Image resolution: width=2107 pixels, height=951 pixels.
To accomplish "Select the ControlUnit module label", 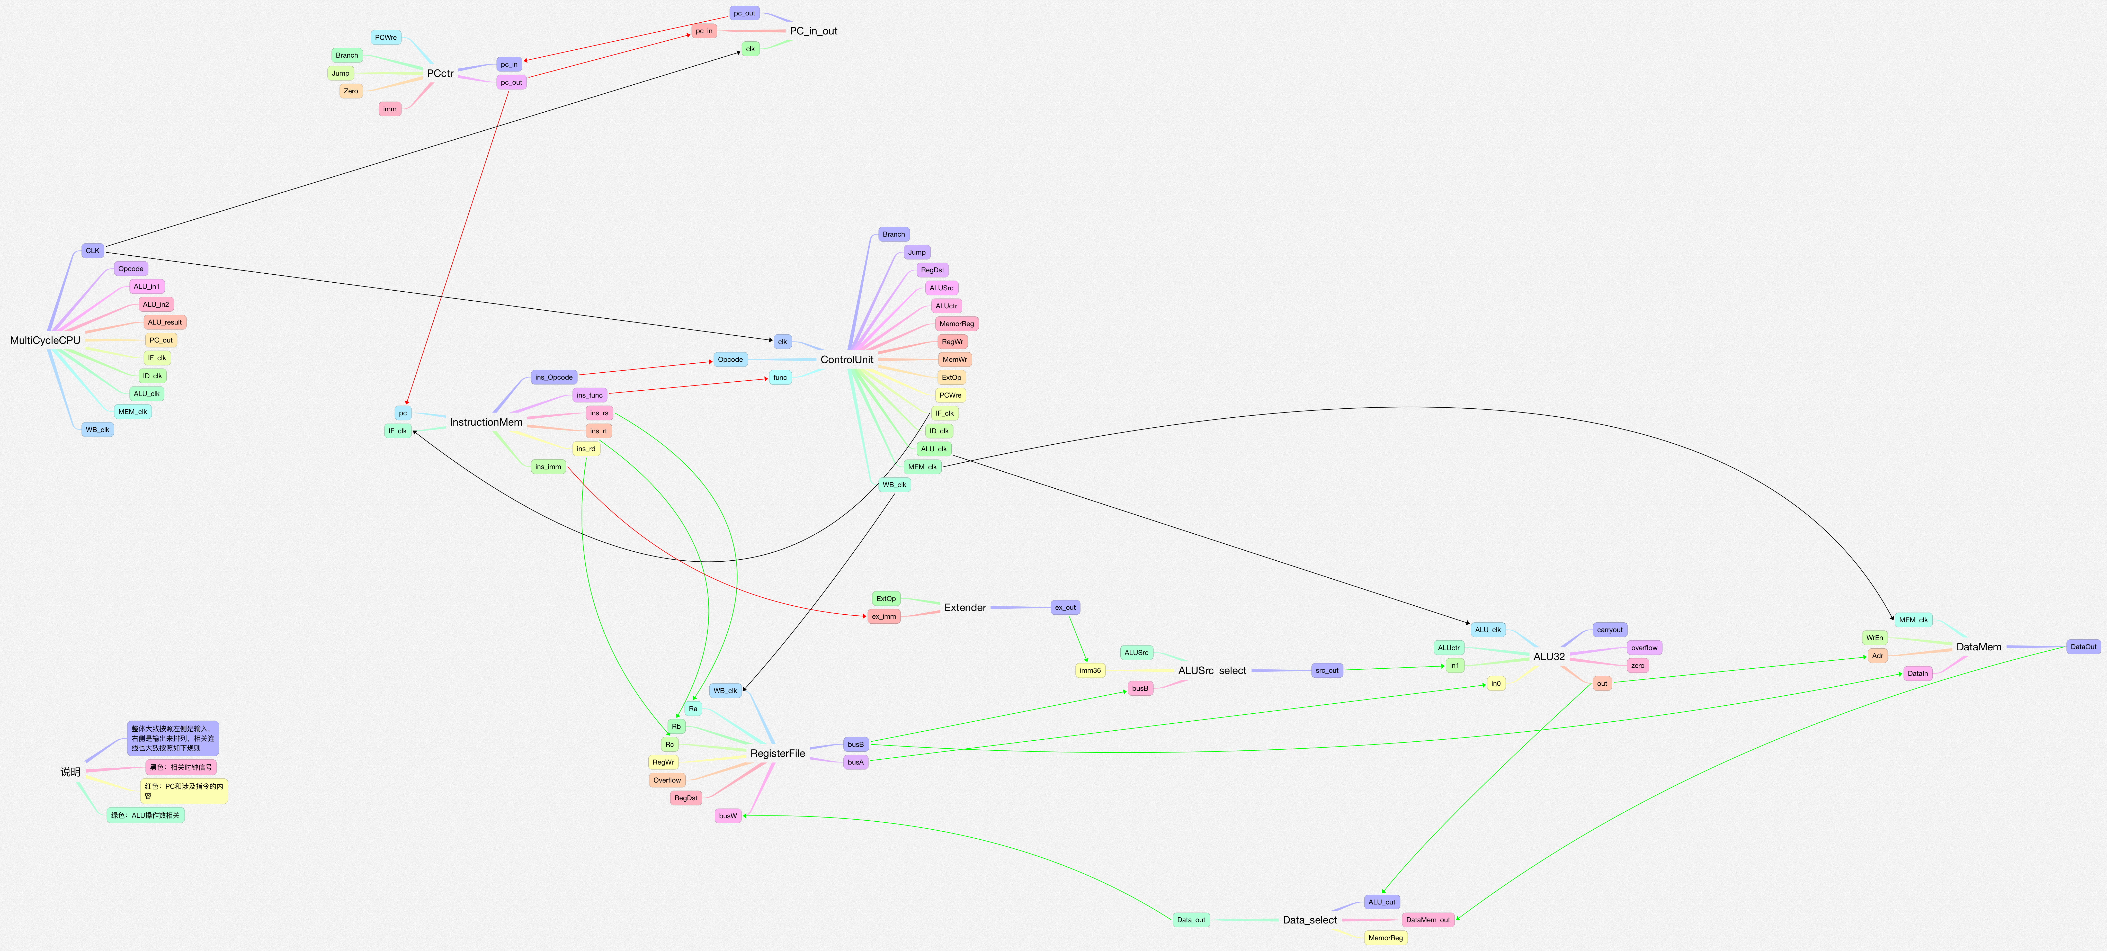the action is click(x=846, y=360).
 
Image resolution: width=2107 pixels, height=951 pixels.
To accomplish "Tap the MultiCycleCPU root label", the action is click(x=45, y=340).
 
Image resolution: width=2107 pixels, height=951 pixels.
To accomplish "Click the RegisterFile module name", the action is click(x=777, y=753).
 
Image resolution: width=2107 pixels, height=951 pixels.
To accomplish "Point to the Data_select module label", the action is click(x=1309, y=920).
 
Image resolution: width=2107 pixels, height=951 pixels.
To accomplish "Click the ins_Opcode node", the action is click(x=554, y=377).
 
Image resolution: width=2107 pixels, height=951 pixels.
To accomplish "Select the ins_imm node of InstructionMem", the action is click(x=548, y=467).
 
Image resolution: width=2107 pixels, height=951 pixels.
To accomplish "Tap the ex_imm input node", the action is click(x=883, y=616).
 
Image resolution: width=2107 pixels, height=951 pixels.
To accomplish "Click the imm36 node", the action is click(x=1090, y=670).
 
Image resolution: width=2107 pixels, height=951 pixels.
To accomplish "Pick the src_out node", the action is click(x=1327, y=670).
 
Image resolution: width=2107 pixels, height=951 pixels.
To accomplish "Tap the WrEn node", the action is click(x=1874, y=638).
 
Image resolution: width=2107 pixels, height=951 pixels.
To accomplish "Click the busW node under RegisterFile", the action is click(x=727, y=816).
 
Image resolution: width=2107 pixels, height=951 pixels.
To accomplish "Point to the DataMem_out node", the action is click(x=1427, y=920).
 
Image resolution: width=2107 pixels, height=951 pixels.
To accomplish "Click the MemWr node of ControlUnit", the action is click(x=954, y=360).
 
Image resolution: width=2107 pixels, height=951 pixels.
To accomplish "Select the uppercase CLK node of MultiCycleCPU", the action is click(x=92, y=251).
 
